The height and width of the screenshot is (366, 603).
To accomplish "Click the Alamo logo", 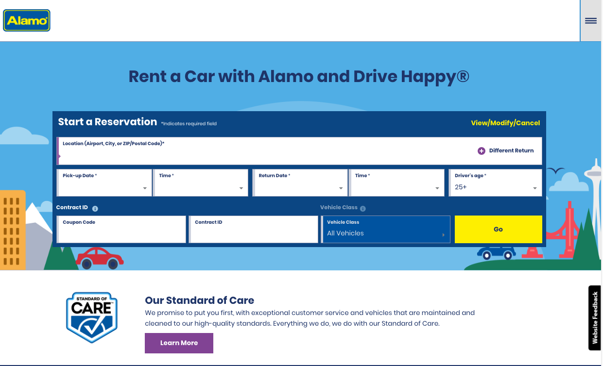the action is (26, 20).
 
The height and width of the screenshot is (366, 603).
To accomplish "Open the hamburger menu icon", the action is (591, 21).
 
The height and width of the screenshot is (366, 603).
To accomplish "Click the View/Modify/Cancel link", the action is (505, 123).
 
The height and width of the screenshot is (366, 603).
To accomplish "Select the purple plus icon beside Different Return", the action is (482, 151).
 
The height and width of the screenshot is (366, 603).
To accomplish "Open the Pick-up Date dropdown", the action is (104, 183).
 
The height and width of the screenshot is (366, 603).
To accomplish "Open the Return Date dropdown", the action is (300, 183).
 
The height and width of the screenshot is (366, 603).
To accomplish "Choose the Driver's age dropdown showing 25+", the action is (495, 183).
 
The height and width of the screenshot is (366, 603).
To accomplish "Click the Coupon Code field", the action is (121, 229).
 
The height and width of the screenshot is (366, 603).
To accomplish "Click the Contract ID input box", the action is (253, 229).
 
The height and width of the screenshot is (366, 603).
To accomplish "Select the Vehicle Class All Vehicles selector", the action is (385, 229).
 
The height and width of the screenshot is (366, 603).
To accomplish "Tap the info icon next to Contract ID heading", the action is (95, 208).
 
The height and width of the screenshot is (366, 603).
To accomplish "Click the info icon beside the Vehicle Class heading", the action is (363, 208).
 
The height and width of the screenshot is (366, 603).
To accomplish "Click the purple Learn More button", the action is (179, 343).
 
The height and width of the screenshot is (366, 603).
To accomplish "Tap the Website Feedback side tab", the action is (595, 317).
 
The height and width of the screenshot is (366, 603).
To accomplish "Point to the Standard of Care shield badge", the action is (92, 317).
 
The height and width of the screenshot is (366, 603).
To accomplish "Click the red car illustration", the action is (99, 258).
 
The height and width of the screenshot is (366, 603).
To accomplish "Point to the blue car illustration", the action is (497, 253).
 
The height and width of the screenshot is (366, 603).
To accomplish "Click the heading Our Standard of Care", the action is (200, 300).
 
